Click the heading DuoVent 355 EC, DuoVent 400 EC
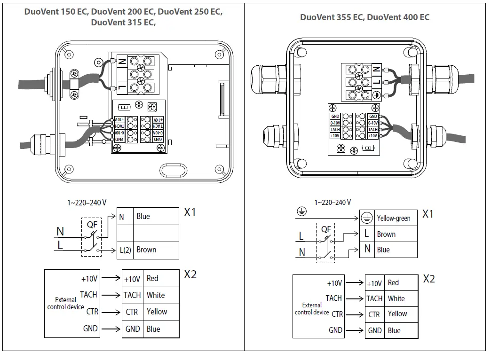point(364,17)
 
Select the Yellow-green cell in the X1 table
point(393,218)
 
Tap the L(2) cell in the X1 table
point(125,250)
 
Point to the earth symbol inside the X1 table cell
point(367,218)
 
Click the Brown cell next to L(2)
point(155,250)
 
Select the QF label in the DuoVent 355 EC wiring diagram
point(326,229)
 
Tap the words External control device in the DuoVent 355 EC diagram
point(312,309)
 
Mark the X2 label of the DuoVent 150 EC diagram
point(190,274)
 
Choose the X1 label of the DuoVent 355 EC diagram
point(428,214)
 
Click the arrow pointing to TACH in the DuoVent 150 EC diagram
point(111,295)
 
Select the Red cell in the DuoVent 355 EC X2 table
point(400,283)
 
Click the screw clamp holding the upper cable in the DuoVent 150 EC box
point(75,85)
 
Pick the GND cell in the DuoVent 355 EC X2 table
point(375,330)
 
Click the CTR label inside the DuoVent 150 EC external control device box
point(92,312)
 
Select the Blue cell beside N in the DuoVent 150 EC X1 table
point(155,217)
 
